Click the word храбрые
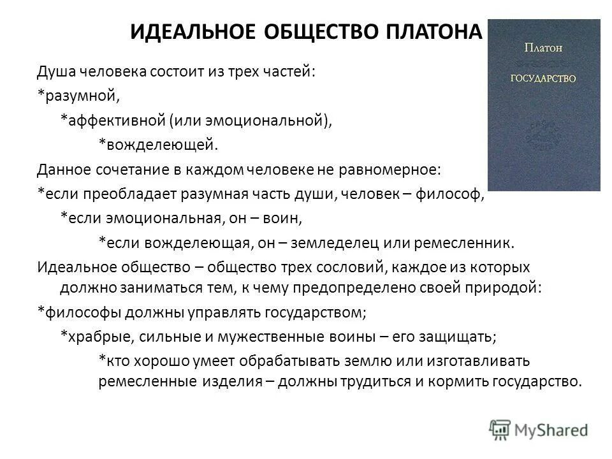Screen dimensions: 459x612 (94, 336)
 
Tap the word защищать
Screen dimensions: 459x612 (454, 336)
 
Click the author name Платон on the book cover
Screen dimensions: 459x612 (544, 47)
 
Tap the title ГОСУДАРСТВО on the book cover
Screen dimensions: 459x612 (544, 78)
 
